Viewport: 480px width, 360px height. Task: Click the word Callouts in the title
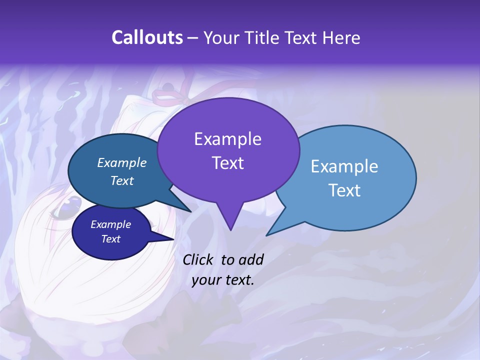pyautogui.click(x=147, y=38)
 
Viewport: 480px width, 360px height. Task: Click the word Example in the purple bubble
pyautogui.click(x=227, y=139)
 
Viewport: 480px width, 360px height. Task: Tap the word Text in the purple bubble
pyautogui.click(x=227, y=163)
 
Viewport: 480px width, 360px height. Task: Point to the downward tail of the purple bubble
pyautogui.click(x=230, y=222)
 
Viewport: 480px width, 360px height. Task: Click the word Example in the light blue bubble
pyautogui.click(x=344, y=166)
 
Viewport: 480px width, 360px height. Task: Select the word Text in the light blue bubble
pyautogui.click(x=344, y=190)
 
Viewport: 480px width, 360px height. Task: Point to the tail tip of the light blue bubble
pyautogui.click(x=268, y=234)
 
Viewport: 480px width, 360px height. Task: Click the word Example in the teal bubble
pyautogui.click(x=122, y=163)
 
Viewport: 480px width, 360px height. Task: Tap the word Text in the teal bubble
pyautogui.click(x=122, y=181)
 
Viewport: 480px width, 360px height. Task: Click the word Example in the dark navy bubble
pyautogui.click(x=110, y=224)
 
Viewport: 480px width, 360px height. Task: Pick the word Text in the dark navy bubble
pyautogui.click(x=110, y=239)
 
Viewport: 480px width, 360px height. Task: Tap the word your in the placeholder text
pyautogui.click(x=205, y=280)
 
